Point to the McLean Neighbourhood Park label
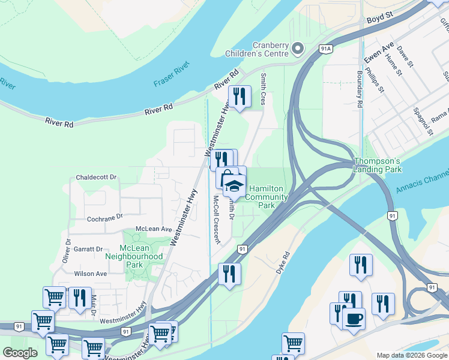(x=134, y=256)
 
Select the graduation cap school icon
(x=234, y=184)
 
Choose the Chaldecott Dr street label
(x=96, y=178)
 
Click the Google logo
(x=20, y=353)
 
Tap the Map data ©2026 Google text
(x=412, y=355)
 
